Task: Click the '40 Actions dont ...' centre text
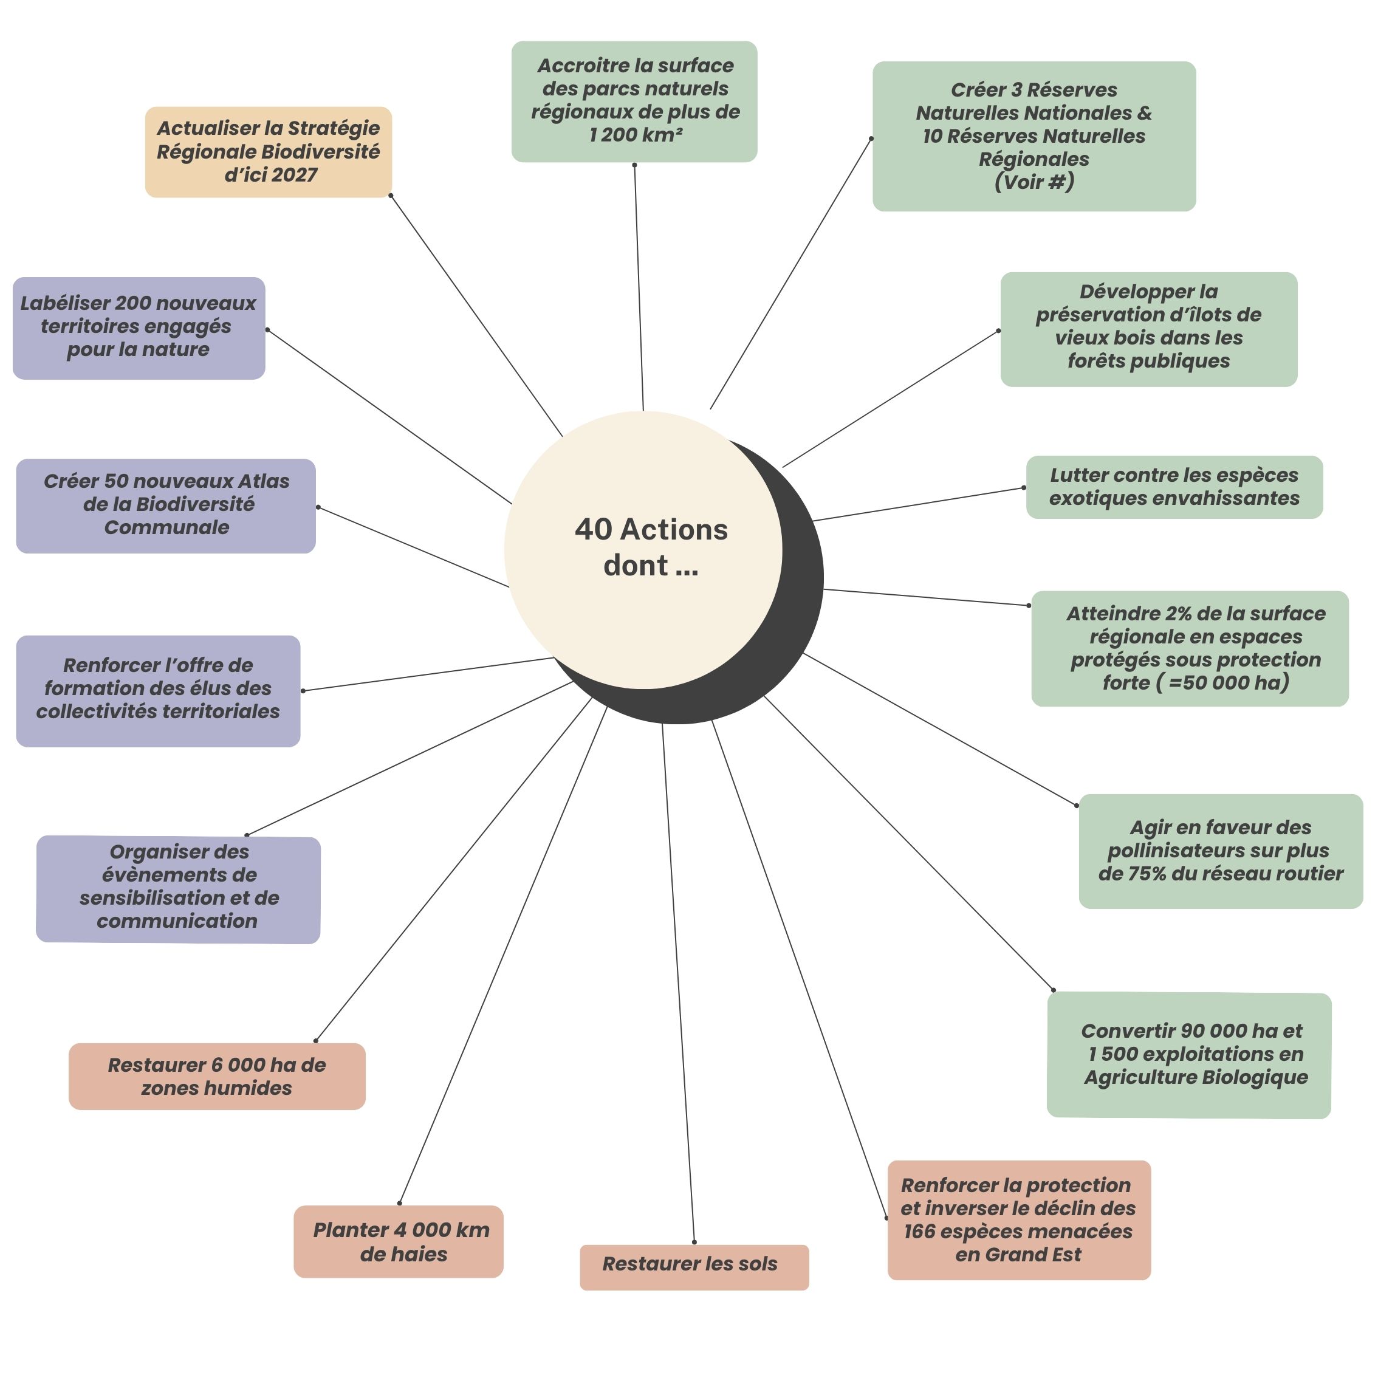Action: [651, 547]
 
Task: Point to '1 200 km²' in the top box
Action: [636, 135]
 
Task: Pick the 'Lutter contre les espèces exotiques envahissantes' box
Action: [1174, 487]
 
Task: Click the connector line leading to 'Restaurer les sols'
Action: [677, 984]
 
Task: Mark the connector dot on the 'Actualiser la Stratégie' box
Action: [390, 196]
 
